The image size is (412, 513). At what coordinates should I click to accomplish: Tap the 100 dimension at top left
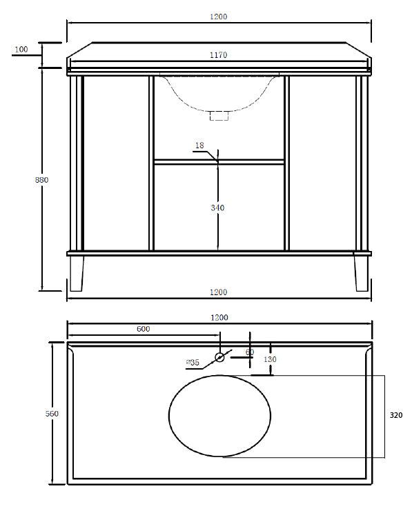21,50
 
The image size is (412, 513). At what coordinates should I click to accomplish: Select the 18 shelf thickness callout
199,145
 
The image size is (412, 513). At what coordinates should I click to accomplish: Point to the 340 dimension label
217,207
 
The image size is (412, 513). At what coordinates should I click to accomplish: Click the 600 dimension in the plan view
144,329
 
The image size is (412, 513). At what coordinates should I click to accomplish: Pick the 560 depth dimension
52,413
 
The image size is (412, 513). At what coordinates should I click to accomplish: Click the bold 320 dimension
396,416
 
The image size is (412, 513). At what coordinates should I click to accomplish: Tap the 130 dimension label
269,359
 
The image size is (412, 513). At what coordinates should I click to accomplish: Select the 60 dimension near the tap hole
249,352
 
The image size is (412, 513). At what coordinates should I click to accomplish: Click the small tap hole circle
220,357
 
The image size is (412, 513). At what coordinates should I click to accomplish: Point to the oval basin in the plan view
220,416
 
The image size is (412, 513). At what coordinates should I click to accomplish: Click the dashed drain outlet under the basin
219,115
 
